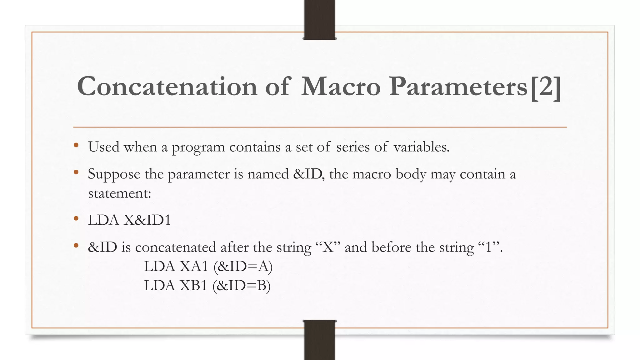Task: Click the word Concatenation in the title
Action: click(167, 87)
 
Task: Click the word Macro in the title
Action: click(341, 87)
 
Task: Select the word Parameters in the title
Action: click(458, 87)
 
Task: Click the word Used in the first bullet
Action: click(104, 147)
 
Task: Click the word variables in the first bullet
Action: click(421, 147)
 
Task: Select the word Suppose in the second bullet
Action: click(114, 174)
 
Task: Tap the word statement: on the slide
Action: click(119, 193)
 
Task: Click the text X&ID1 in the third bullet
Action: click(147, 220)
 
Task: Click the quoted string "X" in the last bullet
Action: click(328, 247)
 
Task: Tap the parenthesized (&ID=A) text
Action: click(243, 266)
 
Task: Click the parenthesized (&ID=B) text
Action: click(241, 285)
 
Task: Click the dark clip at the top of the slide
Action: click(319, 19)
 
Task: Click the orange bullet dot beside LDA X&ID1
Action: click(76, 219)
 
